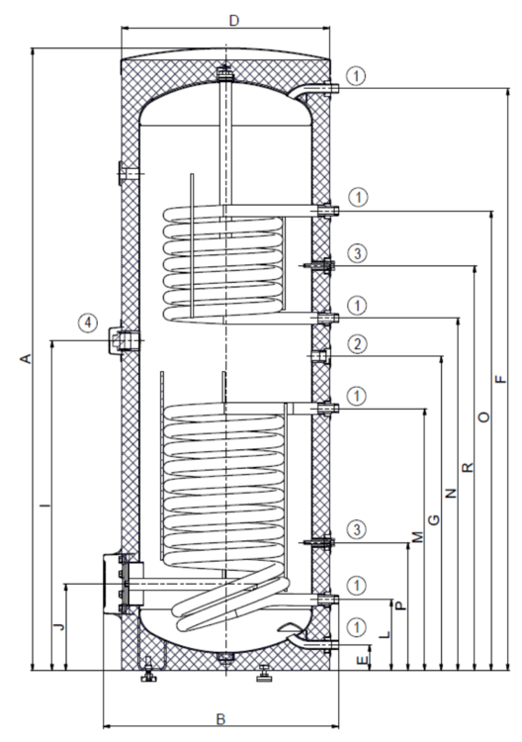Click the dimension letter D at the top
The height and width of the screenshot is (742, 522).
[233, 20]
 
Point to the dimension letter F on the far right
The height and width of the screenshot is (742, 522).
[501, 378]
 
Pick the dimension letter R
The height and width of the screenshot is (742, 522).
[468, 465]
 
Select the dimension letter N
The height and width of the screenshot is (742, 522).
[451, 492]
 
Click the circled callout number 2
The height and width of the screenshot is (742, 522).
[359, 344]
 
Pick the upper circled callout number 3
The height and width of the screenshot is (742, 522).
[359, 254]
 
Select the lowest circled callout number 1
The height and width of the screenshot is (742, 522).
[359, 626]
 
